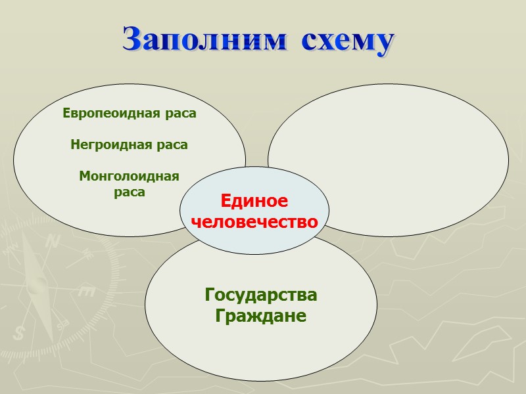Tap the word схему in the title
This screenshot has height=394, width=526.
tap(348, 41)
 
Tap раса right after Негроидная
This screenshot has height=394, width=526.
tap(174, 145)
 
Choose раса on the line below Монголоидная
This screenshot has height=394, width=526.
tap(129, 192)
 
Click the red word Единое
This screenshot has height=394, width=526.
tap(254, 202)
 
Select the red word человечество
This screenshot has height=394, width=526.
tap(254, 221)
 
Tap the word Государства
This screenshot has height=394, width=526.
tap(261, 295)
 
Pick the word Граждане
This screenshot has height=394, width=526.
tap(261, 316)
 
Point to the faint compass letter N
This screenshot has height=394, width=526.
tap(53, 241)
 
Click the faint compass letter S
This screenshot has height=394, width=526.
tap(19, 333)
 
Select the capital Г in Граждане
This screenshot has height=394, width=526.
tap(221, 316)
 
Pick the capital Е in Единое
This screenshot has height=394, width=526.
tap(226, 202)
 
